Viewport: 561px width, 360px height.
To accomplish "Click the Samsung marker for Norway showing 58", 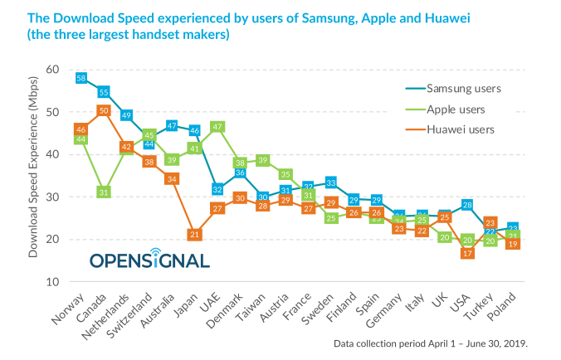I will coord(81,78).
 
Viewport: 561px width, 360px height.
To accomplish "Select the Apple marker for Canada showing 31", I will coord(104,192).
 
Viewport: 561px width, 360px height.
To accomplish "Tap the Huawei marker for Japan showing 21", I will coord(194,235).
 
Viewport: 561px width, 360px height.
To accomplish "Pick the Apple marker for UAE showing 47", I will coord(217,127).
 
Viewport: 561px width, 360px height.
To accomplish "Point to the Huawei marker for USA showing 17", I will coord(467,253).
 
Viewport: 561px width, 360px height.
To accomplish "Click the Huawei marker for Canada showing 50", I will coord(104,110).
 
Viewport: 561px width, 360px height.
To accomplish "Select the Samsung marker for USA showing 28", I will coord(467,205).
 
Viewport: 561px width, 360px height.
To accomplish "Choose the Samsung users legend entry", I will coord(461,87).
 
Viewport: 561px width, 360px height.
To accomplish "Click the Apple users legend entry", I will coord(455,109).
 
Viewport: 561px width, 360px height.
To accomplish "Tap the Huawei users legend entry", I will coord(459,129).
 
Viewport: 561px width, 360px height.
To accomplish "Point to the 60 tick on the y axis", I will coord(51,70).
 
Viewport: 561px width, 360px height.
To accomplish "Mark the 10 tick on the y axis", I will coord(51,282).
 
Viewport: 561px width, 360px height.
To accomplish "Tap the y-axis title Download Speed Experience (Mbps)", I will coord(33,176).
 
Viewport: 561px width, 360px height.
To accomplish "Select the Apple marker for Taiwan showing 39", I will coord(262,161).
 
